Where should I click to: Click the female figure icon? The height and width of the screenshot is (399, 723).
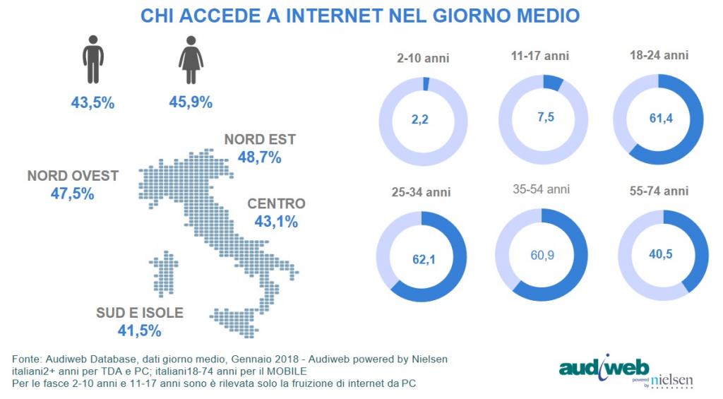pyautogui.click(x=191, y=62)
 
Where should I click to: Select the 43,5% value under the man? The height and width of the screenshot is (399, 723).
pyautogui.click(x=92, y=103)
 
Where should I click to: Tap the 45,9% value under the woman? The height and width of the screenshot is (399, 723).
pyautogui.click(x=191, y=103)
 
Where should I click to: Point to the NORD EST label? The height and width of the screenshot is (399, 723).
pyautogui.click(x=260, y=140)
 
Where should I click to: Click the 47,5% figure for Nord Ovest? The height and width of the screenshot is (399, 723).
pyautogui.click(x=73, y=193)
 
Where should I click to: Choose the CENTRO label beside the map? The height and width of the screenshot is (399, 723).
pyautogui.click(x=276, y=204)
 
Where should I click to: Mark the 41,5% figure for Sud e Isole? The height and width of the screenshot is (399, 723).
pyautogui.click(x=140, y=330)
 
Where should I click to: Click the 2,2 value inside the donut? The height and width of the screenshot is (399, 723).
pyautogui.click(x=420, y=120)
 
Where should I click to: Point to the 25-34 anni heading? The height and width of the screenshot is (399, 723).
pyautogui.click(x=422, y=192)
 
